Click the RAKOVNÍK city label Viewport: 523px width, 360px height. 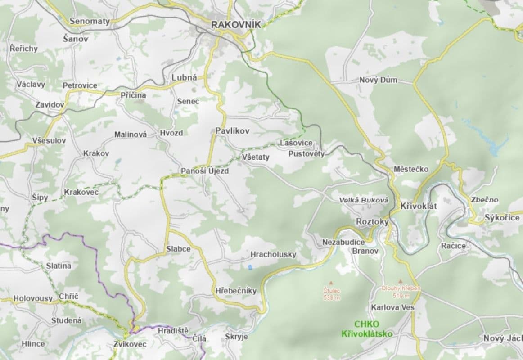236,25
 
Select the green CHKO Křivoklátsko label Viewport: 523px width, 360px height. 367,329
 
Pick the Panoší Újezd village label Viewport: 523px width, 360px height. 205,171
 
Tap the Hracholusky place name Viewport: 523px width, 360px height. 273,254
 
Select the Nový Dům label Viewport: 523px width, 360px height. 378,80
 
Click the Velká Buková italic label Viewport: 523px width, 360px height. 364,199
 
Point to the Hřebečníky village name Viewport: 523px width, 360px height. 236,290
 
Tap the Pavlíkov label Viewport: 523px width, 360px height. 232,130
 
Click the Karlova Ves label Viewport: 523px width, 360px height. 392,307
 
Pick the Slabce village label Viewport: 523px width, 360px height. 178,249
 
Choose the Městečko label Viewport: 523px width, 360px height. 411,169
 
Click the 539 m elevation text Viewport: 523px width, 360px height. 332,297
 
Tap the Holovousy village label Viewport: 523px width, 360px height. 33,298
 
